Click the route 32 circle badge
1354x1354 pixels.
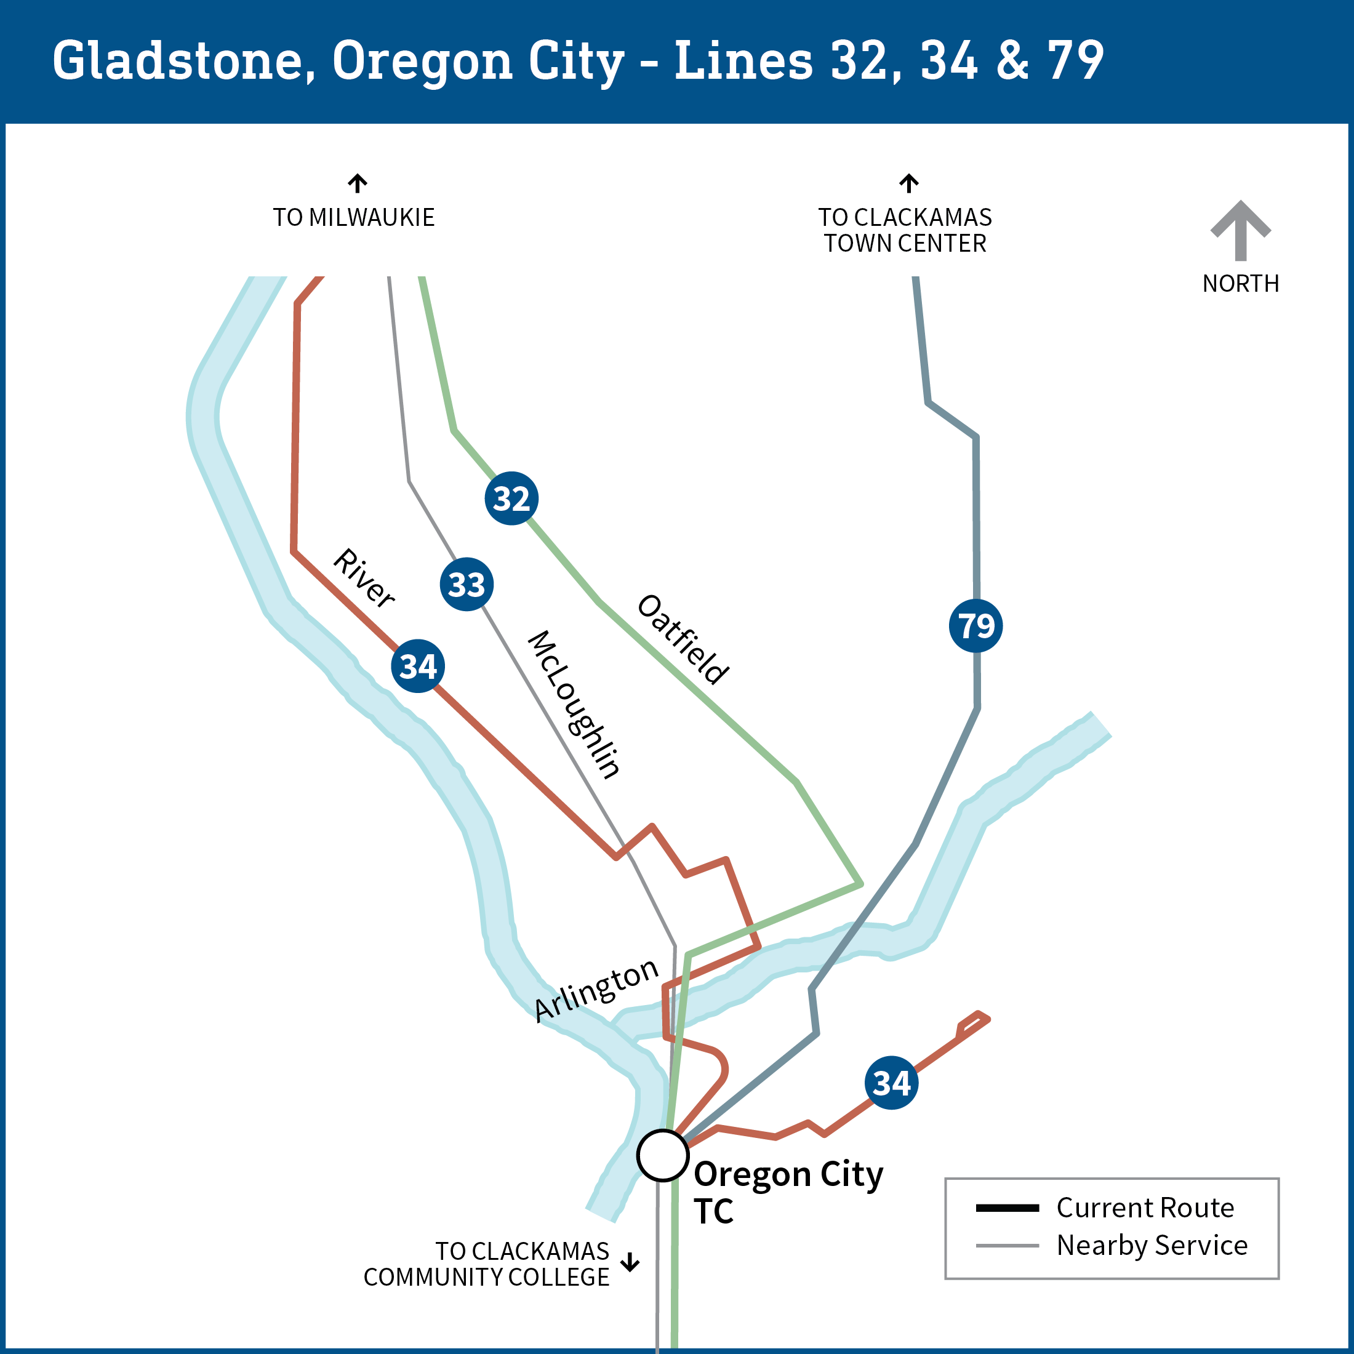pyautogui.click(x=511, y=499)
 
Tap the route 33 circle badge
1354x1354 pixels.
pyautogui.click(x=467, y=584)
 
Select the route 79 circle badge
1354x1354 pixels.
pyautogui.click(x=975, y=625)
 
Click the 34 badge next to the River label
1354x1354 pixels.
pyautogui.click(x=418, y=666)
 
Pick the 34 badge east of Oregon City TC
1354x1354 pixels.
pyautogui.click(x=891, y=1083)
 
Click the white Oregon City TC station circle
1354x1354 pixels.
pyautogui.click(x=662, y=1156)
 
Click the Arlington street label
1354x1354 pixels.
pyautogui.click(x=596, y=990)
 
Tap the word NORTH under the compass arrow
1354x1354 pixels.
pyautogui.click(x=1241, y=284)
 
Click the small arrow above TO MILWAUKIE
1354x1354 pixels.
pyautogui.click(x=358, y=183)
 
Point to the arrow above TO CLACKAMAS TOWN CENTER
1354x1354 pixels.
pyautogui.click(x=909, y=183)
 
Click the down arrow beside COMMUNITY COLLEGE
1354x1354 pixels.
pyautogui.click(x=630, y=1262)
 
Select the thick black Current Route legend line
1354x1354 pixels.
pyautogui.click(x=1007, y=1208)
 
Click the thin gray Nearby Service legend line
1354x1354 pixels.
pyautogui.click(x=1007, y=1245)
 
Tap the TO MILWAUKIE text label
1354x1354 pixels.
pyautogui.click(x=354, y=218)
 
